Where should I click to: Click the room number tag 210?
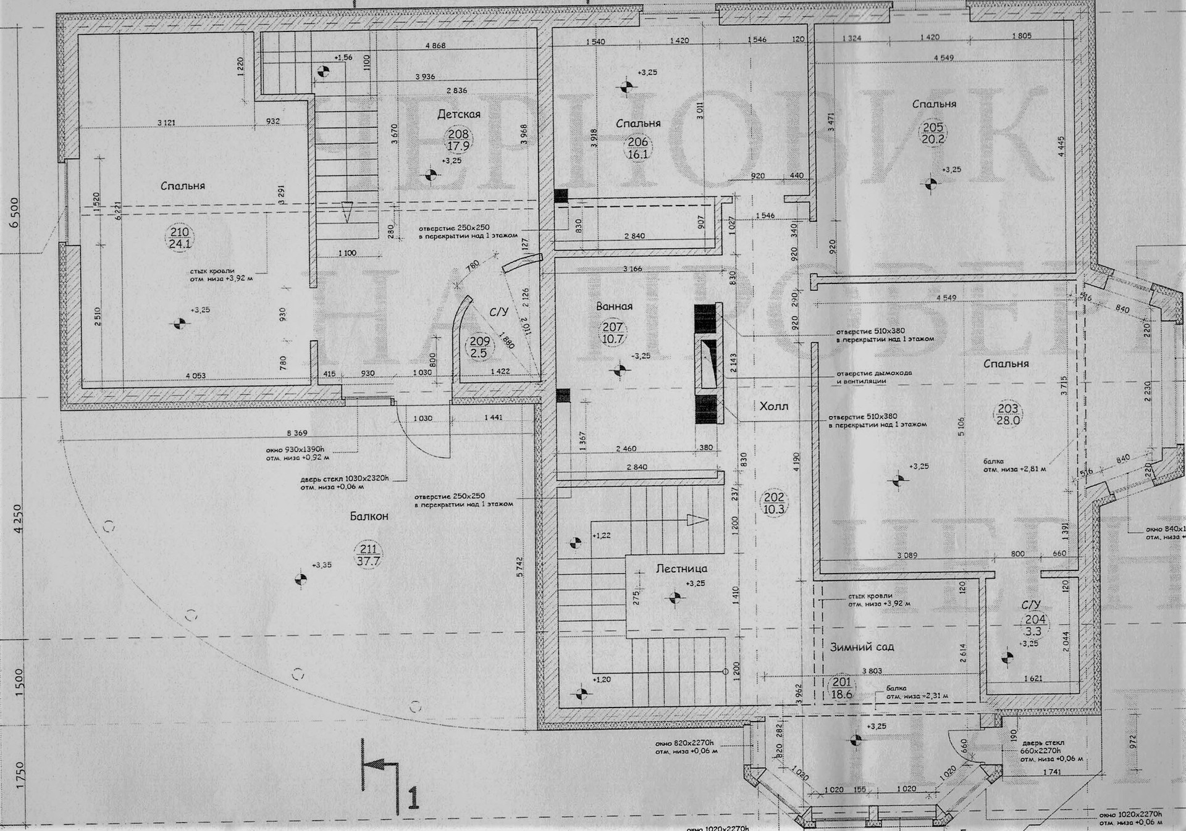(x=180, y=238)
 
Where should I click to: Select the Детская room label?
(x=458, y=114)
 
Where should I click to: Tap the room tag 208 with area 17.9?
(x=458, y=140)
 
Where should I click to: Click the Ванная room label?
(x=614, y=306)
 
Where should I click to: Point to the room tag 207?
(x=613, y=333)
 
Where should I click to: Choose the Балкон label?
(x=369, y=516)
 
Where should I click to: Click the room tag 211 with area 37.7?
(x=368, y=555)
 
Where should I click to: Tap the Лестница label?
(x=681, y=569)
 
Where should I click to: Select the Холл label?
(x=773, y=406)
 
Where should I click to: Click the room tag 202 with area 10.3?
(x=773, y=503)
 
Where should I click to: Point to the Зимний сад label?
(x=861, y=647)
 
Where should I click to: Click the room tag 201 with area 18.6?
(x=841, y=688)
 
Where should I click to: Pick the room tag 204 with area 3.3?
(x=1035, y=625)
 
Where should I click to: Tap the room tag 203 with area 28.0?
(x=1007, y=414)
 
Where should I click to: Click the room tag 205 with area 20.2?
(x=933, y=133)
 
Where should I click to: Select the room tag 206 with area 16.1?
(x=637, y=148)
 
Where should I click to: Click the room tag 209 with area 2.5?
(x=479, y=347)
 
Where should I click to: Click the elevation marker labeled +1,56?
(x=322, y=70)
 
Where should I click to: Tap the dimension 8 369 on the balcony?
(x=296, y=433)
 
